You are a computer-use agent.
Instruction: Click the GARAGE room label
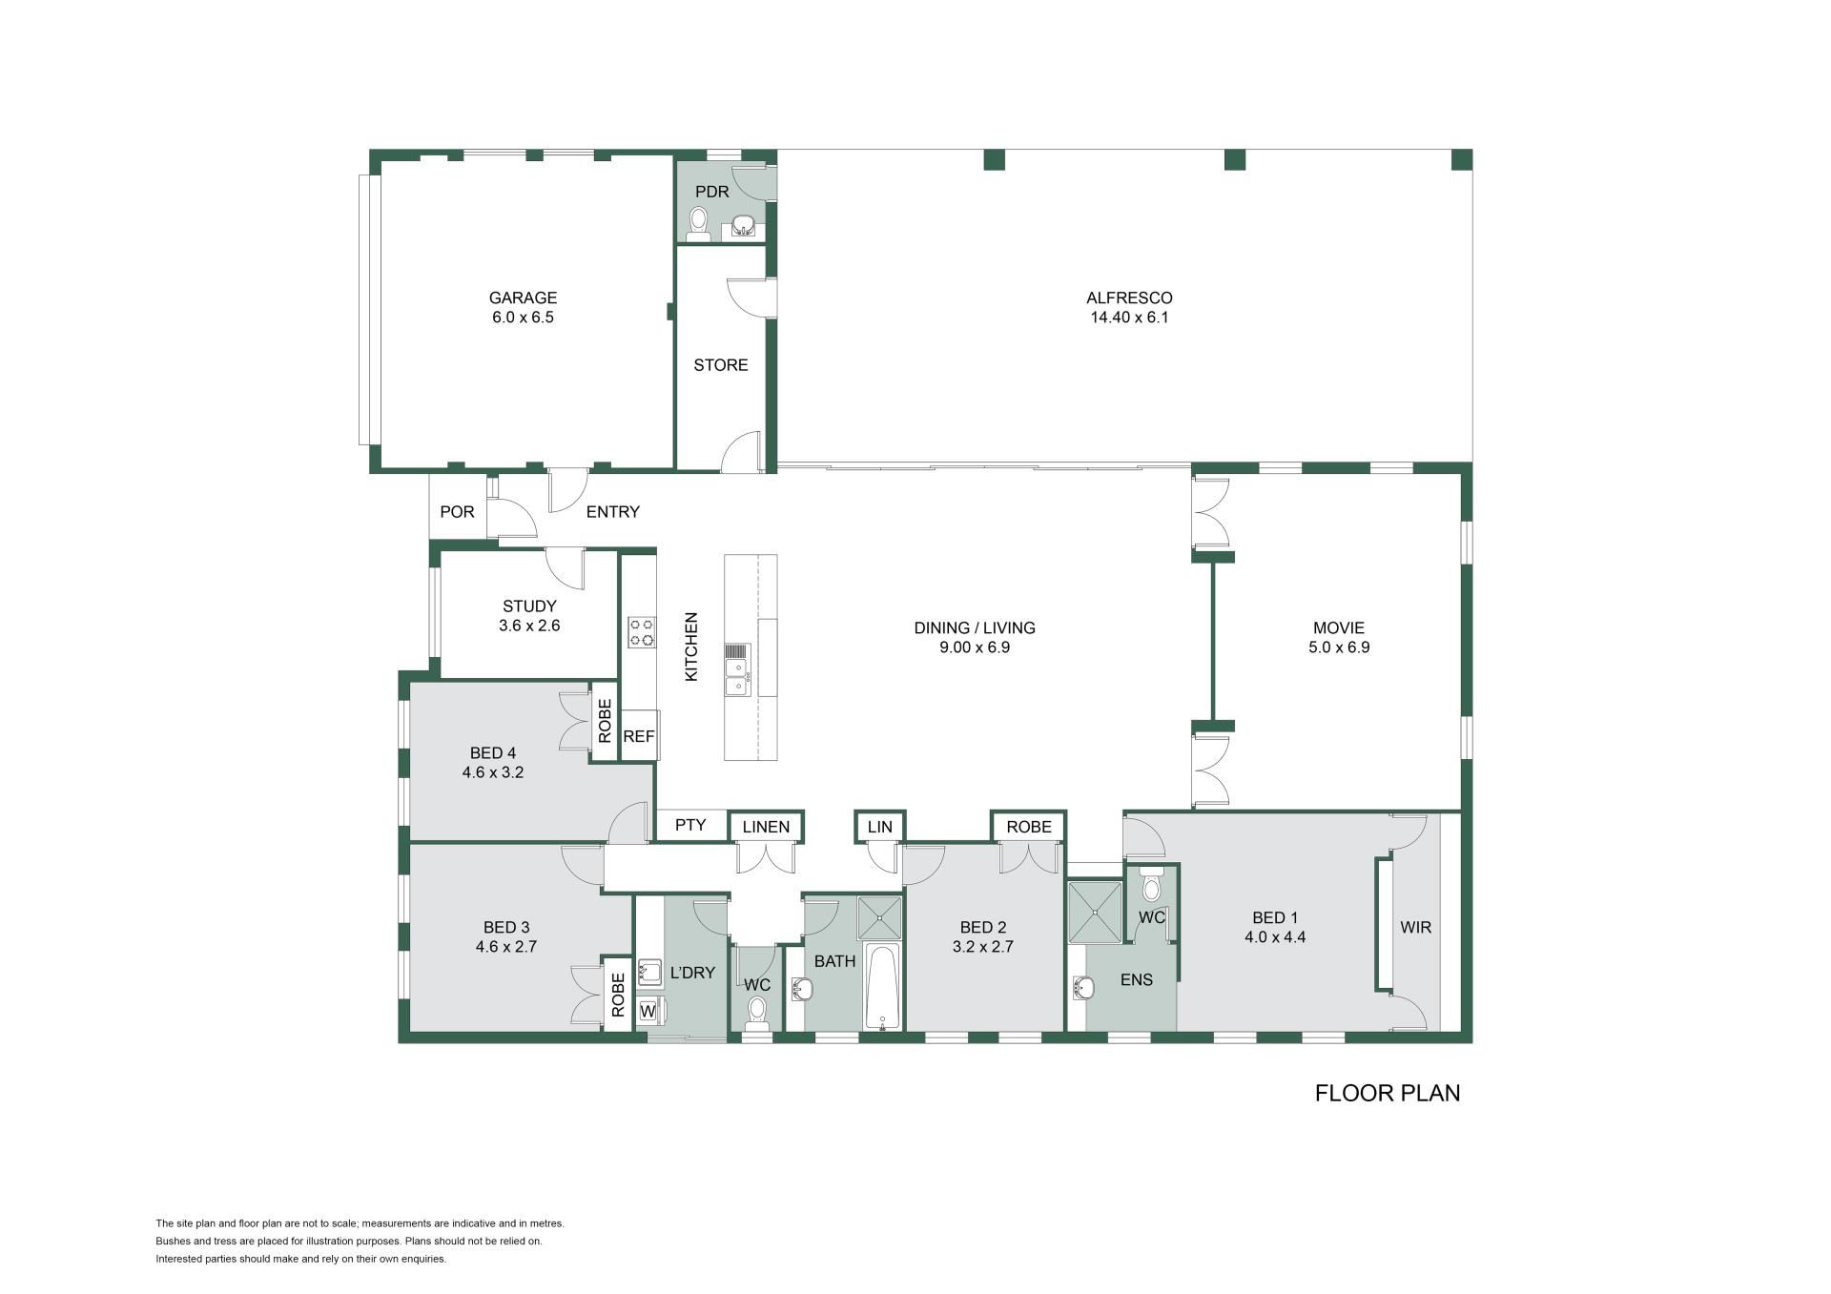[x=523, y=298]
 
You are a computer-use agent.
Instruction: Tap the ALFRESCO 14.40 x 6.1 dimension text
[x=1129, y=318]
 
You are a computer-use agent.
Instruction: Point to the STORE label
[x=721, y=365]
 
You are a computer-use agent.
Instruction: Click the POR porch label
[x=457, y=512]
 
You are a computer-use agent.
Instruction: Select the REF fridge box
[x=639, y=736]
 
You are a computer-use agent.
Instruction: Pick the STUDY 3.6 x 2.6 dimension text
[x=529, y=626]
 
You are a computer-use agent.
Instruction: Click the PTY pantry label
[x=690, y=825]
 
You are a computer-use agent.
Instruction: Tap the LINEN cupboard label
[x=766, y=827]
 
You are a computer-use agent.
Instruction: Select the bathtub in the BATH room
[x=883, y=987]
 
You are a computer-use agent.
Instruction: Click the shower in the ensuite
[x=1095, y=913]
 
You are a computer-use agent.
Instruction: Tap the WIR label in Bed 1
[x=1415, y=927]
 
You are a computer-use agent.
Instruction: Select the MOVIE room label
[x=1339, y=627]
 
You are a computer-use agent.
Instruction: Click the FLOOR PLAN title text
[x=1388, y=1093]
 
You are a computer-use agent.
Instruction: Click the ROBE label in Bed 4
[x=605, y=721]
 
